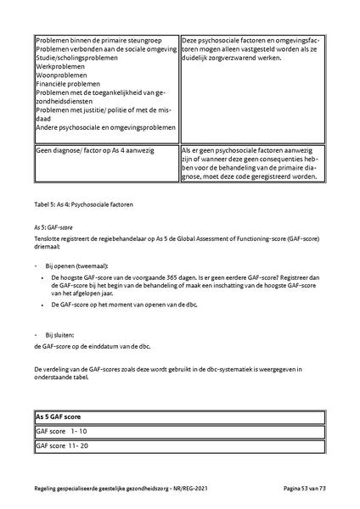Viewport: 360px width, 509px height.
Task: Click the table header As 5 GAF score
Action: point(65,417)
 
